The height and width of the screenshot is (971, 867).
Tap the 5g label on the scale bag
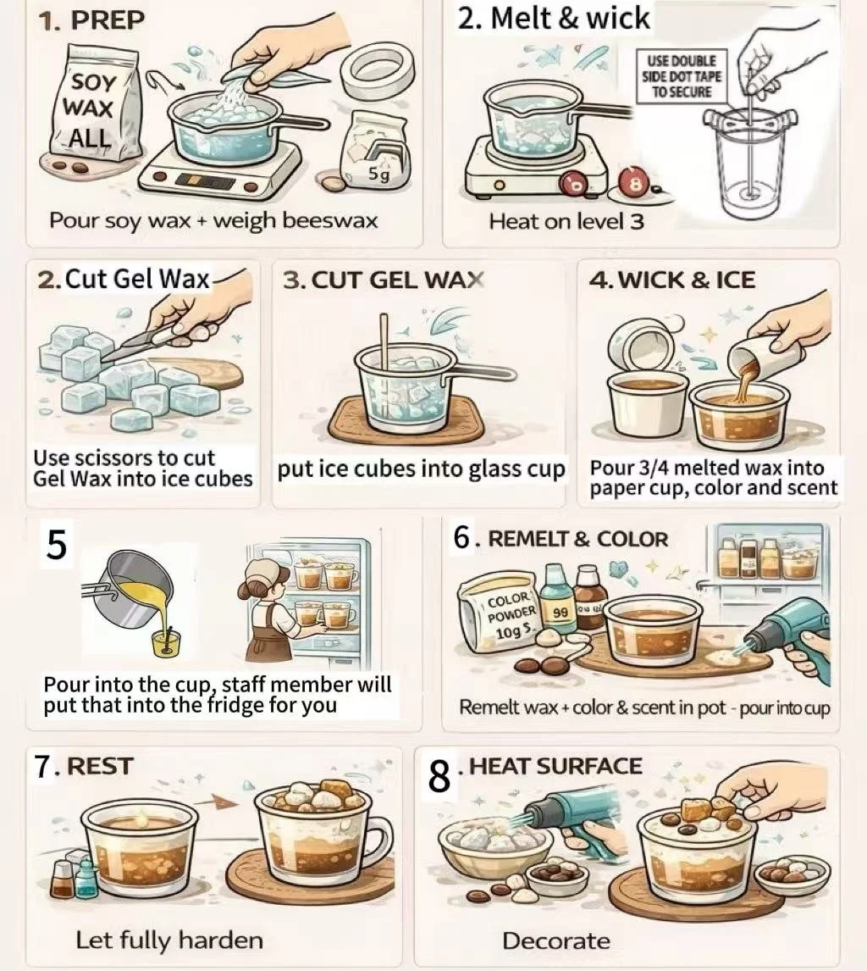(379, 176)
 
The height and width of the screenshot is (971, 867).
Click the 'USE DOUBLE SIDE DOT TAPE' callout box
(680, 76)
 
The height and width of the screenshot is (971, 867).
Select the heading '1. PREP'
(91, 20)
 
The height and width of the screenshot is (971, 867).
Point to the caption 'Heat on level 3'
(566, 221)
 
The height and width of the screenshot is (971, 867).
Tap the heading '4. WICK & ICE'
(672, 280)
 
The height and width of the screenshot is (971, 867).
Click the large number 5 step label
(57, 544)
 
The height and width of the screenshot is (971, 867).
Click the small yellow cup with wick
(166, 642)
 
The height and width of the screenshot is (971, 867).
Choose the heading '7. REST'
(84, 767)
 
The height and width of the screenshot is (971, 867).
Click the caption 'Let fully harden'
(169, 940)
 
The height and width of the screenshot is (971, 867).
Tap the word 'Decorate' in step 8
(556, 940)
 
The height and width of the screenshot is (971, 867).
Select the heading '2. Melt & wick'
(554, 18)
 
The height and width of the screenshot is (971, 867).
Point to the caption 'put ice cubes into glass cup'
(422, 469)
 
